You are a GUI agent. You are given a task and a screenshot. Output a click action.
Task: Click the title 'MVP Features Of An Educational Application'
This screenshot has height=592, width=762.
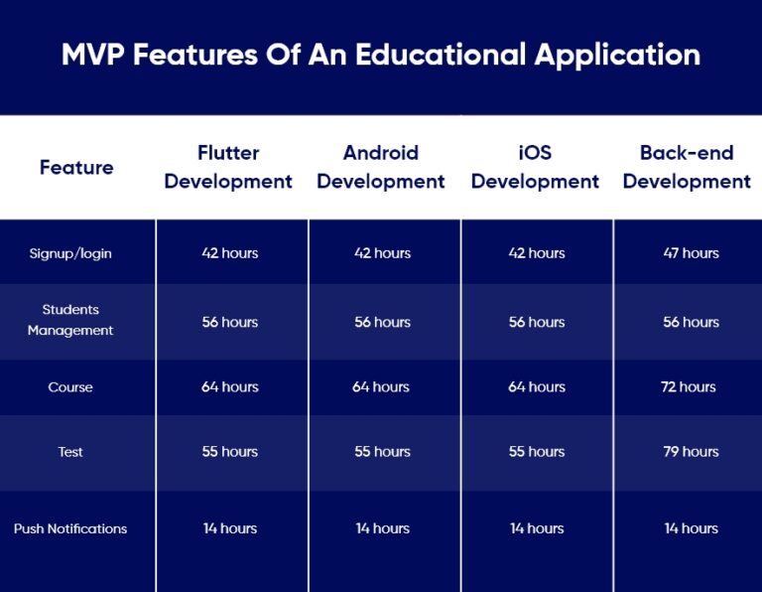coord(381,54)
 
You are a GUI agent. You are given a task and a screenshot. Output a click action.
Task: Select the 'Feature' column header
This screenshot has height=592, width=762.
coord(76,167)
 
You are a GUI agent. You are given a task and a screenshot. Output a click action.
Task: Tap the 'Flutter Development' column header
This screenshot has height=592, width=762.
coord(228,167)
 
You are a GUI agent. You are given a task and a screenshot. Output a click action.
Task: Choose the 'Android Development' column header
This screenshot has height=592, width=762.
coord(381,167)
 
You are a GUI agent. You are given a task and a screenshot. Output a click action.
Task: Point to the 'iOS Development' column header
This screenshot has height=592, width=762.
coord(535,167)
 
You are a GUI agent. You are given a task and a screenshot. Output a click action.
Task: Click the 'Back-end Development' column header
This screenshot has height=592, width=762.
coord(687,167)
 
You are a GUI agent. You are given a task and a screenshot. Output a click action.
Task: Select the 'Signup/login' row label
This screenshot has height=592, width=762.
coord(70,253)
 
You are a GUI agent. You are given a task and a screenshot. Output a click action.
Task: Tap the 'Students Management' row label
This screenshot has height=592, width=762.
coord(70,320)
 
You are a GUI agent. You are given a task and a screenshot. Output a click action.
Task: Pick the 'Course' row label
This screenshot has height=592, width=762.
coord(70,387)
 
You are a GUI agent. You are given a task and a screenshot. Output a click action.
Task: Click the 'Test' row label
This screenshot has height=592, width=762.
coord(70,452)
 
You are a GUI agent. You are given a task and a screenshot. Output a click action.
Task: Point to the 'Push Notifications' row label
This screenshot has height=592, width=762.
coord(70,528)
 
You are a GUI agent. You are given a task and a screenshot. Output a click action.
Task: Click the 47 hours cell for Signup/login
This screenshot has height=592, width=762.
coord(691,253)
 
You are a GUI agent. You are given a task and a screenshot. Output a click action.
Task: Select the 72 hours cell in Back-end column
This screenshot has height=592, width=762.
coord(689,387)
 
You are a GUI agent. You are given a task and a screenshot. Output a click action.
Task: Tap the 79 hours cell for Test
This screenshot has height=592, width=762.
coord(691,452)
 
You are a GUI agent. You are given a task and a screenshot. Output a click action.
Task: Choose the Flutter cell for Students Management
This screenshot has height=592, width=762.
coord(230,322)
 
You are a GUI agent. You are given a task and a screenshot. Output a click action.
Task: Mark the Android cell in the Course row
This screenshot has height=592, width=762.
coord(381,387)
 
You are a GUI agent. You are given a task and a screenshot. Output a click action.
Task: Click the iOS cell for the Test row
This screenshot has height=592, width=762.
coord(537,452)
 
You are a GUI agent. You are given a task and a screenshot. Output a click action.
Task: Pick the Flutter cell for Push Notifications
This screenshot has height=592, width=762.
coord(230,528)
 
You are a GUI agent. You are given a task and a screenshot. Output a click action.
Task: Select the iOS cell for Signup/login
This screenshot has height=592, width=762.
coord(537,253)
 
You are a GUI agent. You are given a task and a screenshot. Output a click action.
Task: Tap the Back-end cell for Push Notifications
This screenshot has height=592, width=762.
coord(691,528)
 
